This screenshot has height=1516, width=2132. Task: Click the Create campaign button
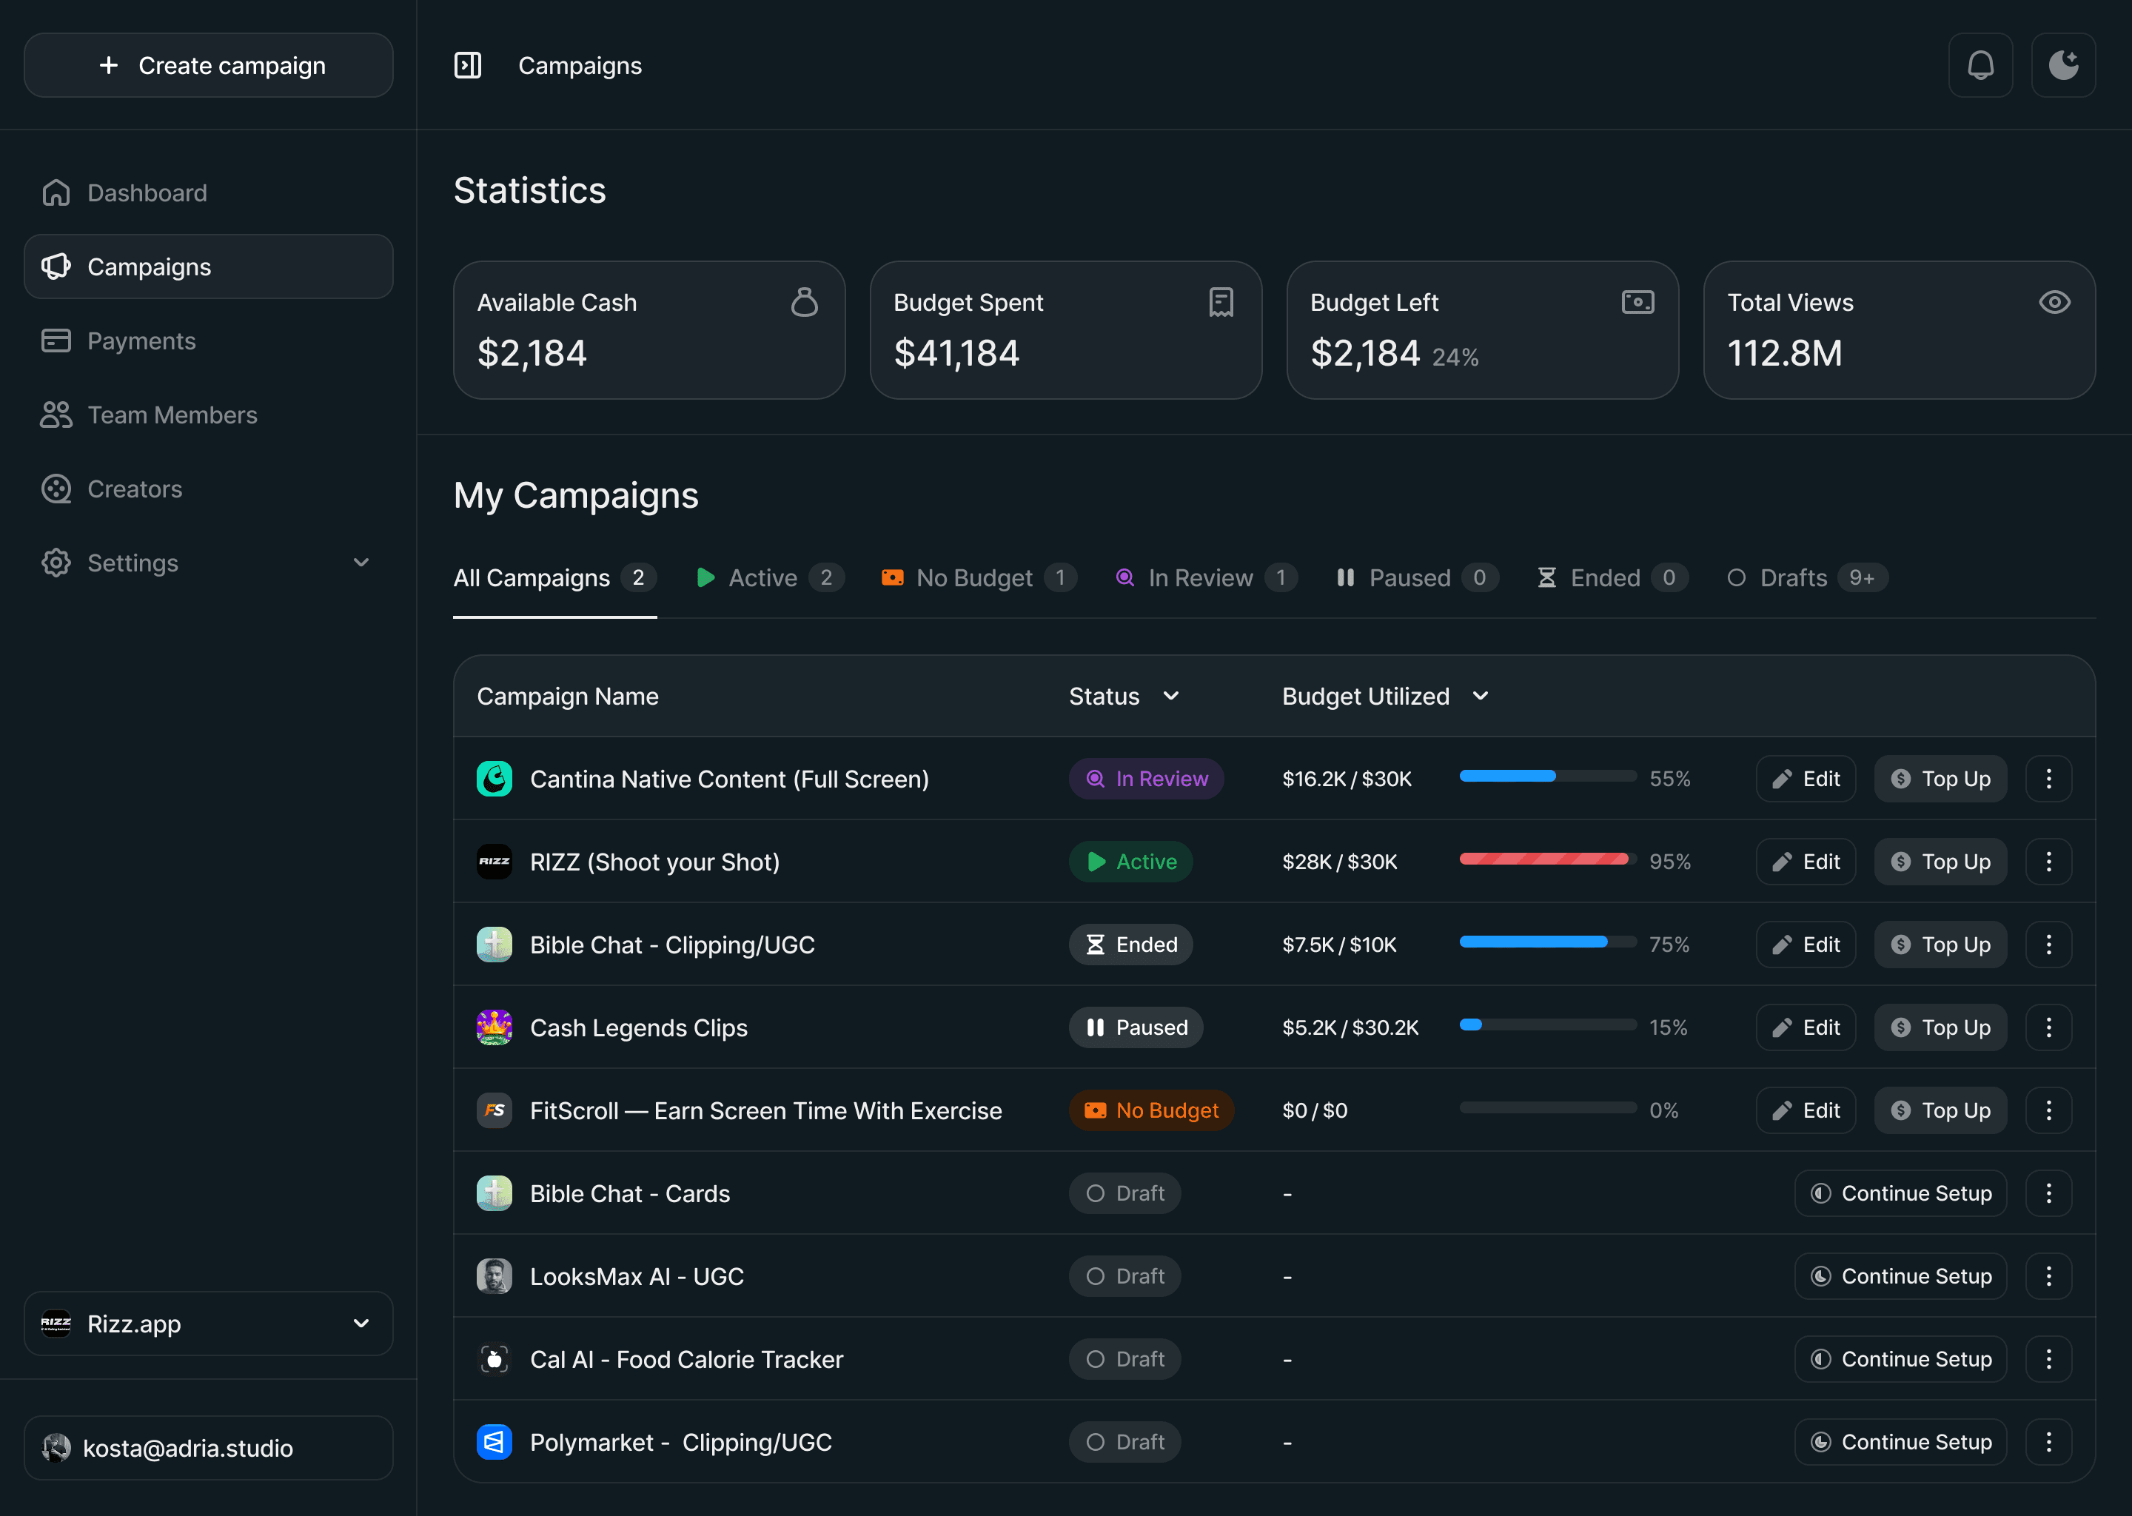point(208,65)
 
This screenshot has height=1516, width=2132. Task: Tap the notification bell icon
point(1980,65)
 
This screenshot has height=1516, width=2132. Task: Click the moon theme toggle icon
point(2063,65)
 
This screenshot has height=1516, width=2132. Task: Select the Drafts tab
point(1806,578)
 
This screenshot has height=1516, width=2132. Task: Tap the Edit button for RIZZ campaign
point(1806,862)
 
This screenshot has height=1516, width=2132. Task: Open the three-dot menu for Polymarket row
point(2049,1442)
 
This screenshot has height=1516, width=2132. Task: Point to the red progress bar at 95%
point(1544,859)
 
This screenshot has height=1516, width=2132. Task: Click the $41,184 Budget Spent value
point(956,353)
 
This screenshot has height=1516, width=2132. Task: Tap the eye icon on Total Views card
point(2054,303)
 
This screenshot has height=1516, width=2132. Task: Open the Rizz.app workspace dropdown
point(208,1324)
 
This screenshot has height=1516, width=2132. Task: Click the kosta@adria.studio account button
point(208,1448)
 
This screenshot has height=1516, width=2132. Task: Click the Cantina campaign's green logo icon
point(494,779)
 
